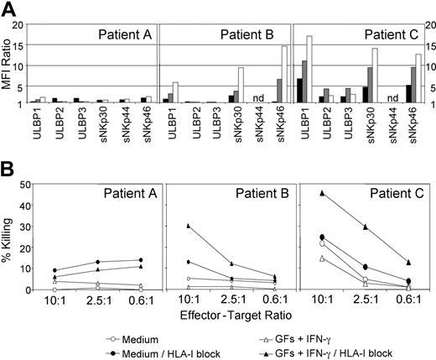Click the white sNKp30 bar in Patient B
click(x=241, y=86)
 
